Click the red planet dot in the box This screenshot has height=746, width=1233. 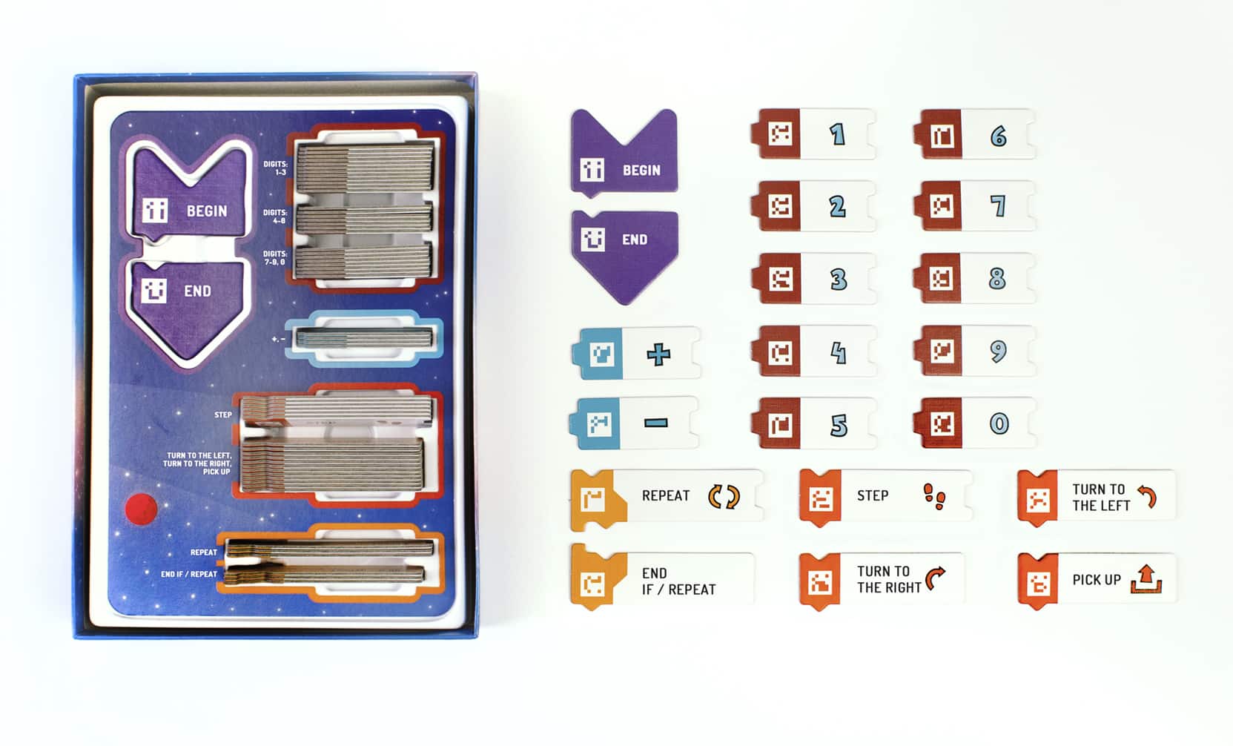coord(142,509)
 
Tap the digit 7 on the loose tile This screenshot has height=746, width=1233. coord(998,206)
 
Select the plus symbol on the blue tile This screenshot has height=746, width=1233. coord(658,354)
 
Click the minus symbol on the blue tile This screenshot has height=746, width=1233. coord(655,423)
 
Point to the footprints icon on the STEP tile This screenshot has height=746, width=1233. coord(935,496)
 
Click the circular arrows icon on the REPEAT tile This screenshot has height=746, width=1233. coord(724,496)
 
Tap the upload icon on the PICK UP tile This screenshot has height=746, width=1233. coord(1146,579)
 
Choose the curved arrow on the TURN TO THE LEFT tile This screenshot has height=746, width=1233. coord(1147,496)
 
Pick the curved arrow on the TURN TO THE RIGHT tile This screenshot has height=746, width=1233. coord(935,578)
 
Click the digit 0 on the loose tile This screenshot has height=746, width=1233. coord(999,423)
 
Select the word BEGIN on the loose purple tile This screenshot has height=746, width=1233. coord(641,171)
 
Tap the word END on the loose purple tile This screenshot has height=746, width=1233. coord(635,240)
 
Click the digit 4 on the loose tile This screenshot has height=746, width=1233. coord(838,353)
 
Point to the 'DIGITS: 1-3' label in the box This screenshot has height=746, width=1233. coord(276,168)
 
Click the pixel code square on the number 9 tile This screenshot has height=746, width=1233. coord(942,351)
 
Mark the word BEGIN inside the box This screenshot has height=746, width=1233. coord(207,211)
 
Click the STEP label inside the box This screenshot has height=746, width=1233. coord(223,415)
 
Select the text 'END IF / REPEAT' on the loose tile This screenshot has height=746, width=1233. coord(678,581)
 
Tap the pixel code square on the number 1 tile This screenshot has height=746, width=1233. coord(781,133)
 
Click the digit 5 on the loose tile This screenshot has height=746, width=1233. coord(839,425)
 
